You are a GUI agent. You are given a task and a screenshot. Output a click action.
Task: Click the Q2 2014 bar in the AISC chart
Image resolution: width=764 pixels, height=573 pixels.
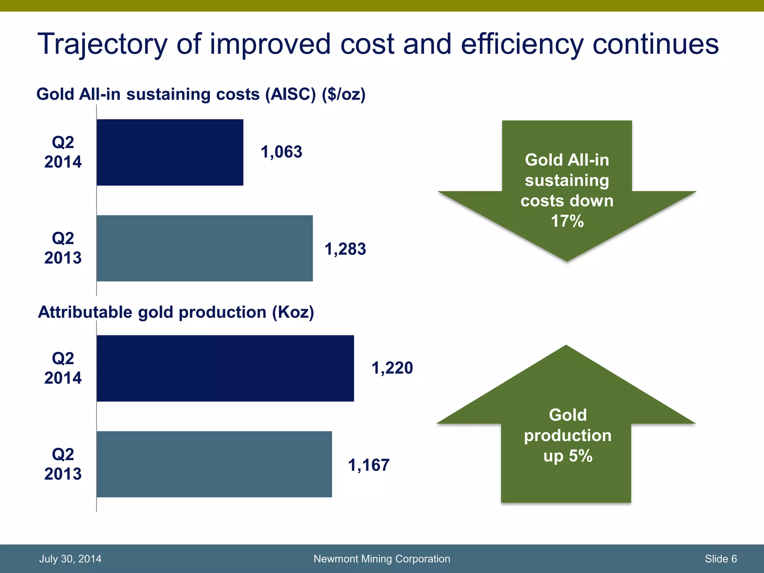point(170,152)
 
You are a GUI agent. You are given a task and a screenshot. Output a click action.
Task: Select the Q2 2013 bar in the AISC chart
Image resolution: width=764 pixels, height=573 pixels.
point(204,248)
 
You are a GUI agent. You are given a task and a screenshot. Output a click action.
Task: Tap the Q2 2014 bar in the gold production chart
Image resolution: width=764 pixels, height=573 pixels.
point(225,368)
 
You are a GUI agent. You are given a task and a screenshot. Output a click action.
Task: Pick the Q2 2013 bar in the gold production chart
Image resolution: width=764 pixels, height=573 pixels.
point(214,464)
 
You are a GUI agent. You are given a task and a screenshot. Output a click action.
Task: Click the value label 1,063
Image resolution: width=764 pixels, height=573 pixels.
point(281,152)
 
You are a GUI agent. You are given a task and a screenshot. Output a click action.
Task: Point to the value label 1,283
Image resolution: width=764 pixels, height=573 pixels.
point(345,249)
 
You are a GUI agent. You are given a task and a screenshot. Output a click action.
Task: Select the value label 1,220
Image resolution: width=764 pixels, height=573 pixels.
point(392,368)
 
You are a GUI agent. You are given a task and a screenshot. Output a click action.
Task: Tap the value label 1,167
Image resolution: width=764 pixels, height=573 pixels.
point(369,465)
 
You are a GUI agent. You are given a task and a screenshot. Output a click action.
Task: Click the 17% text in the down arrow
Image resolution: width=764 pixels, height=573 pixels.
point(567,221)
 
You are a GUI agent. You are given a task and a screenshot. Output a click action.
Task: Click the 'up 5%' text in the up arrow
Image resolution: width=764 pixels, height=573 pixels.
point(567,456)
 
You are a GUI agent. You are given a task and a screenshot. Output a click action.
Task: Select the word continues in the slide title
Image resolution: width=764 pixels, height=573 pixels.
point(655,44)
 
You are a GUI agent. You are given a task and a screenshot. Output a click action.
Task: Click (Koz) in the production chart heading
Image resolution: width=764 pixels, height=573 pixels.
point(293,312)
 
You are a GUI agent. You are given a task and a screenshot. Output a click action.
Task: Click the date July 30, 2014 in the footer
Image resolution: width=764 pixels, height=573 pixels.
point(70,558)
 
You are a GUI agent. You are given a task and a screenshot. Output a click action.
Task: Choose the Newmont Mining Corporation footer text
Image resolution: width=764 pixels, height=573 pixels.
point(382,558)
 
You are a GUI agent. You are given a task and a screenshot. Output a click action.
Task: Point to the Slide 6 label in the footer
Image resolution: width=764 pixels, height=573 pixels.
point(720,558)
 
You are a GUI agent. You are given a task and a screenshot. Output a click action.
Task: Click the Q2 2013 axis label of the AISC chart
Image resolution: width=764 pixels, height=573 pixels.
point(63,248)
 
